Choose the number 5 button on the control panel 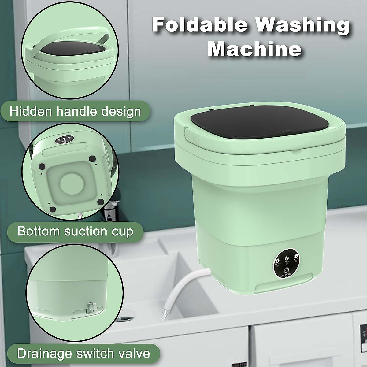click(296, 256)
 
